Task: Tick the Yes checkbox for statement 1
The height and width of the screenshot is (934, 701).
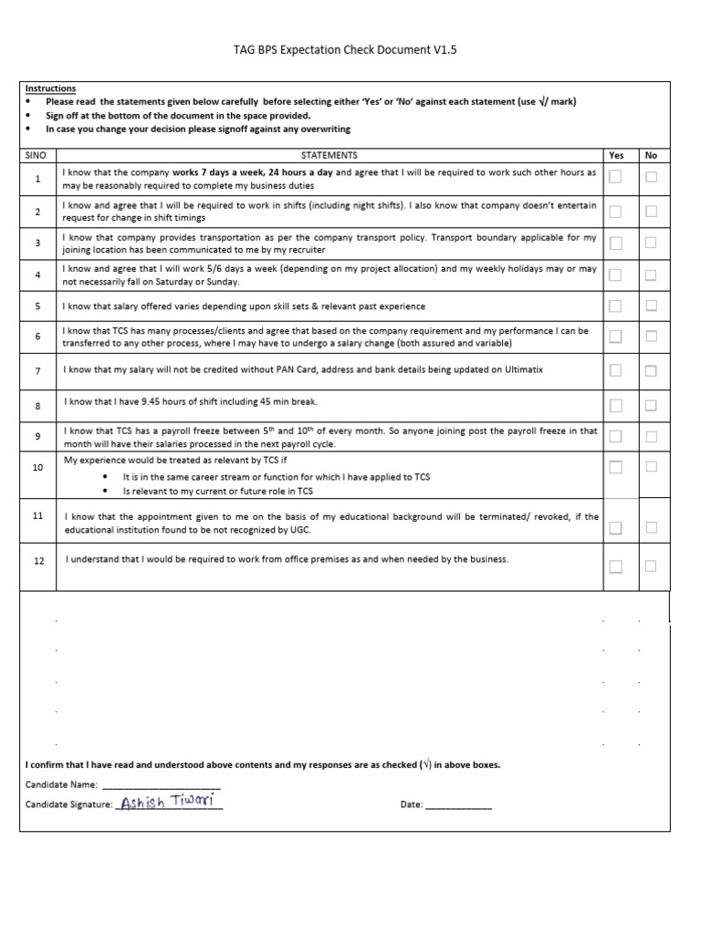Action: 615,177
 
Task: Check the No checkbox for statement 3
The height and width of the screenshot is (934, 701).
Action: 651,243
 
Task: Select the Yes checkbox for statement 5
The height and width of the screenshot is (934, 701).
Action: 615,306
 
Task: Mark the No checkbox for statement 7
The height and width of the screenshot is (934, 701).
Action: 651,370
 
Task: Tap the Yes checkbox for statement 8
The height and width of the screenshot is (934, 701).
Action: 615,404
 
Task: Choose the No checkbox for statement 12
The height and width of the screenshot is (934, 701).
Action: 651,566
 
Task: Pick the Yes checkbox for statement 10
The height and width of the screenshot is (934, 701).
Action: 615,467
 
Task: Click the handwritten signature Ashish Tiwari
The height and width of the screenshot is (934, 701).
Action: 167,803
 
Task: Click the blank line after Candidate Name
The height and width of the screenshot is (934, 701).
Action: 161,784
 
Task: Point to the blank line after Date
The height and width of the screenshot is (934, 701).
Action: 458,805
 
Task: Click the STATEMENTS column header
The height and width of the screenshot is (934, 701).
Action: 330,155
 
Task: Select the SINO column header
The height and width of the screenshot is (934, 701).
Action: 37,155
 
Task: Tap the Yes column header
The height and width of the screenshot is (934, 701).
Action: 616,155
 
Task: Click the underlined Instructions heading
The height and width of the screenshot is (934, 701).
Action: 51,88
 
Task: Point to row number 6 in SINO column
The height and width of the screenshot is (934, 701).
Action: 37,337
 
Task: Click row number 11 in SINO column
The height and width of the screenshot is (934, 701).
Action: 37,516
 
